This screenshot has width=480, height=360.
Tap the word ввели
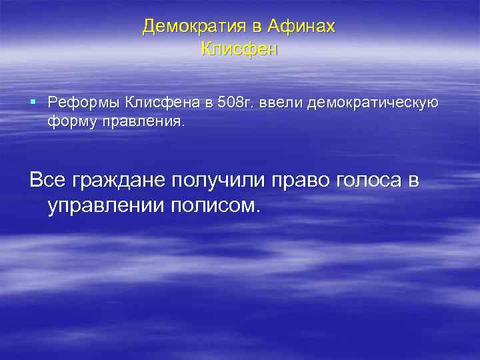pyautogui.click(x=277, y=103)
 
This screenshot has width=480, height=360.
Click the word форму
pyautogui.click(x=69, y=123)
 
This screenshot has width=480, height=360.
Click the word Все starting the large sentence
pyautogui.click(x=49, y=180)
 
